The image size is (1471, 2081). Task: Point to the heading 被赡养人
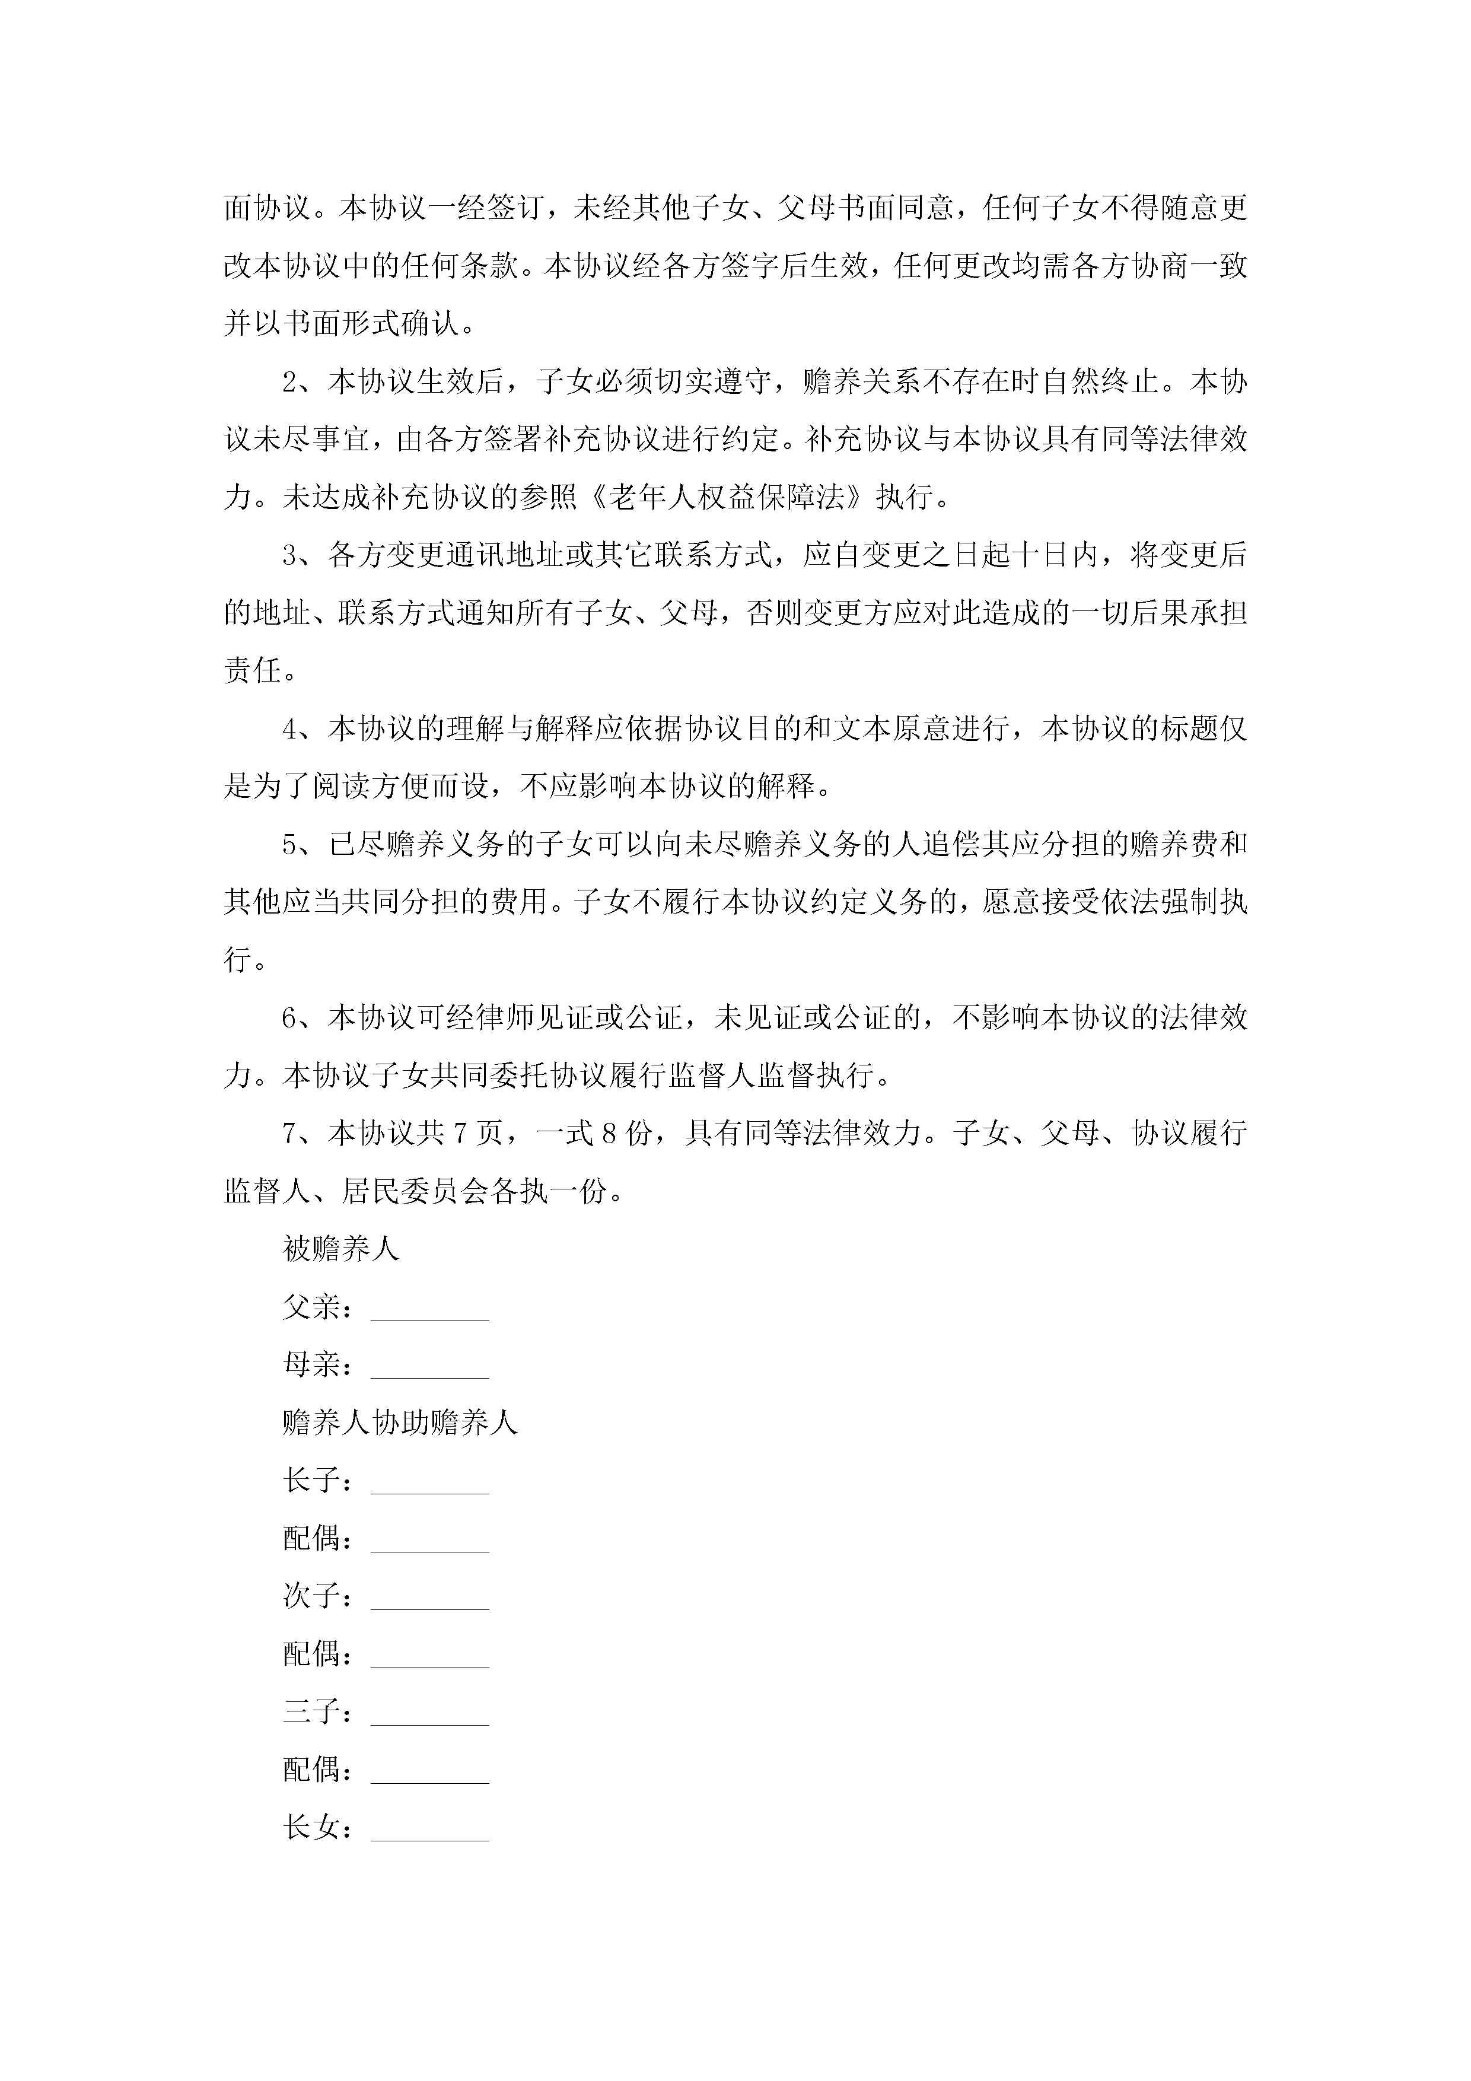pyautogui.click(x=341, y=1249)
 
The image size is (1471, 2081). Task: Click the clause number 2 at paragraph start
pyautogui.click(x=290, y=381)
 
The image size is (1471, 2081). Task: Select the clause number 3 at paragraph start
pyautogui.click(x=290, y=555)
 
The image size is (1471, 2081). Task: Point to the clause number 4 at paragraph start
pyautogui.click(x=290, y=728)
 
